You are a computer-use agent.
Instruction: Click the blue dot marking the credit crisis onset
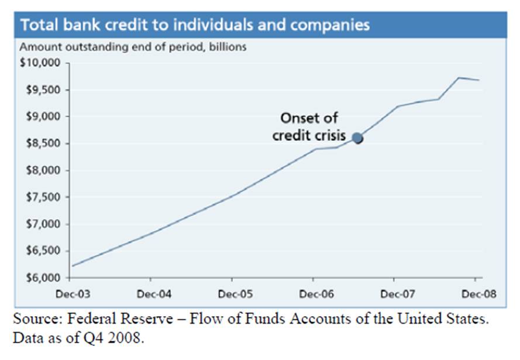pos(357,138)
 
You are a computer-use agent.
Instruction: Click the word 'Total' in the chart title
pos(38,25)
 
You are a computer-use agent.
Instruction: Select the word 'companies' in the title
pos(334,25)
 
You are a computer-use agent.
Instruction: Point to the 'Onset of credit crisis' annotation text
pos(309,126)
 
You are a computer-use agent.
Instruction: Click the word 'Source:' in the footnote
pos(35,321)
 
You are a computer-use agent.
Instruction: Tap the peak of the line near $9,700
pos(459,77)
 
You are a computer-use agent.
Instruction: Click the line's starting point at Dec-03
pos(72,266)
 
